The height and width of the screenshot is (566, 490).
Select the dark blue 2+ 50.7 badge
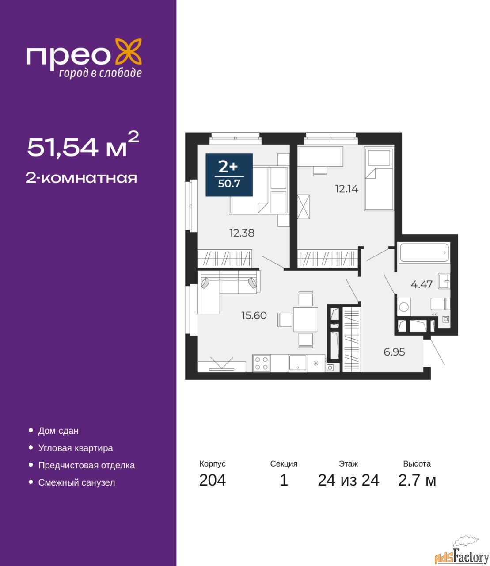pos(229,175)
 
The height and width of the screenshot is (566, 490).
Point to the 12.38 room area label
pos(242,233)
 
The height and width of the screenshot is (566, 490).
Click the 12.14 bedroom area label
pos(347,189)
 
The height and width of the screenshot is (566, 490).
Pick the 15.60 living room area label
pos(254,315)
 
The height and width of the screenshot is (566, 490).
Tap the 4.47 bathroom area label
pos(422,284)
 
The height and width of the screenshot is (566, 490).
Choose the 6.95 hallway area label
pos(394,352)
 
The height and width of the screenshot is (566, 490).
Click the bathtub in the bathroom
pos(424,252)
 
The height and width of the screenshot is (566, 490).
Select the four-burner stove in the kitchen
pos(261,363)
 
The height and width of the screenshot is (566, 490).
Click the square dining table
pos(306,320)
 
